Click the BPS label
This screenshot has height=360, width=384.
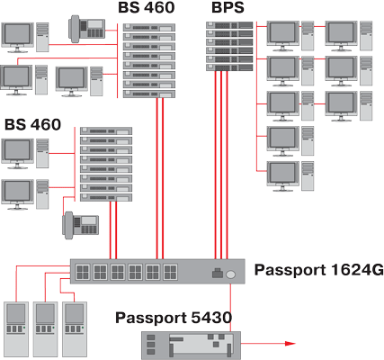pyautogui.click(x=228, y=7)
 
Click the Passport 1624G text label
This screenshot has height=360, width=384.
pyautogui.click(x=319, y=270)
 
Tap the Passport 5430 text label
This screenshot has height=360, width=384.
pyautogui.click(x=174, y=318)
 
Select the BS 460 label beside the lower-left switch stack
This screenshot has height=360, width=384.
pyautogui.click(x=33, y=124)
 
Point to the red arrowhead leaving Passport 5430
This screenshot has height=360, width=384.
pyautogui.click(x=290, y=344)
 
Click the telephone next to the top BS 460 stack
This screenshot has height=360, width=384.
pyautogui.click(x=87, y=28)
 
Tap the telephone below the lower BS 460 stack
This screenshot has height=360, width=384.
pyautogui.click(x=80, y=225)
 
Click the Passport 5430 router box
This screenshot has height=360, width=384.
pyautogui.click(x=191, y=346)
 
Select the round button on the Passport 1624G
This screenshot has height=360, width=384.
pyautogui.click(x=230, y=274)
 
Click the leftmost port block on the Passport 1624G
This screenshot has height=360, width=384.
pyautogui.click(x=83, y=272)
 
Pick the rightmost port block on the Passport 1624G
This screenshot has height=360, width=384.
pyautogui.click(x=170, y=272)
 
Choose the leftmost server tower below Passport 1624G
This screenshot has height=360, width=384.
pyautogui.click(x=16, y=329)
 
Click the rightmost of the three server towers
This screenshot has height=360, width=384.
pyautogui.click(x=75, y=329)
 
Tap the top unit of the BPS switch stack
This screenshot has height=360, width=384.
pyautogui.click(x=229, y=25)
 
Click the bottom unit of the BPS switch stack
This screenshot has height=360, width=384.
pyautogui.click(x=229, y=67)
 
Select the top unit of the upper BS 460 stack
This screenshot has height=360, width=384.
pyautogui.click(x=149, y=28)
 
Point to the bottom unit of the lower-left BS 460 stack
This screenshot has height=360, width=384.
pyautogui.click(x=106, y=197)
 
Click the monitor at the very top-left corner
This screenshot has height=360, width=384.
pyautogui.click(x=17, y=37)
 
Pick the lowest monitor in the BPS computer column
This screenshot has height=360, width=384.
pyautogui.click(x=283, y=176)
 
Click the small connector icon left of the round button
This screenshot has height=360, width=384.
pyautogui.click(x=218, y=273)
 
